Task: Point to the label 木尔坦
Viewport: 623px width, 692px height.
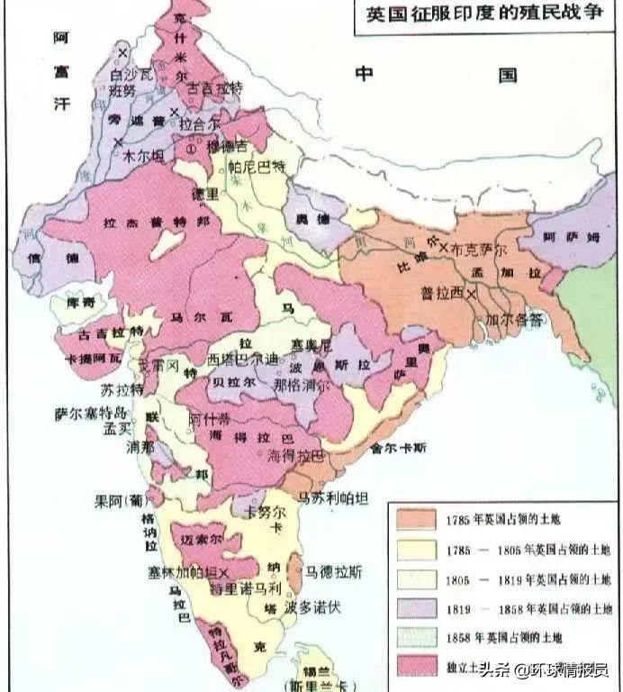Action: pyautogui.click(x=132, y=155)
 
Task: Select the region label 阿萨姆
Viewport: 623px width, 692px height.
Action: pyautogui.click(x=565, y=237)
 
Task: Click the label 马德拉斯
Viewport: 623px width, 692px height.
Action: pyautogui.click(x=334, y=571)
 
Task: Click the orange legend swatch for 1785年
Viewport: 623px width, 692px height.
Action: pyautogui.click(x=413, y=519)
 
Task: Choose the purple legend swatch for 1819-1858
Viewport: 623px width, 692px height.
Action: pyautogui.click(x=413, y=607)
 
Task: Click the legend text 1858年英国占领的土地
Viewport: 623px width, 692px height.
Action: pyautogui.click(x=503, y=637)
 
